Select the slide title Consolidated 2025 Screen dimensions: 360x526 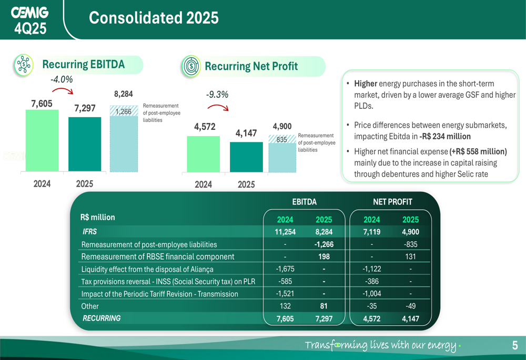154,18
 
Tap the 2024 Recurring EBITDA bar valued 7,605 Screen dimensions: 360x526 42,140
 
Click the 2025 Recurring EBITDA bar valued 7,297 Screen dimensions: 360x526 85,144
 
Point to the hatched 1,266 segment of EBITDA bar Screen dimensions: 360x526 124,111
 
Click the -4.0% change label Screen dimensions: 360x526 62,80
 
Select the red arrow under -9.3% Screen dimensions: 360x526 218,107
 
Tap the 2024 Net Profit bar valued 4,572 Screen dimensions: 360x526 203,153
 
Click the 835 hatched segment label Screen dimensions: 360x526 281,140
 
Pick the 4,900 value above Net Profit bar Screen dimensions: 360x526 282,126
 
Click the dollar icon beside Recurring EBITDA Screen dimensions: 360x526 23,65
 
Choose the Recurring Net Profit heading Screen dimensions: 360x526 251,66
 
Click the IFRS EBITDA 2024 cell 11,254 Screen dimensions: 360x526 285,232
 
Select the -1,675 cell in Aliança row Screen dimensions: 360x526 285,269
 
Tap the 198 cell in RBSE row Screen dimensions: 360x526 324,256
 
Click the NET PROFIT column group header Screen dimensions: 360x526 392,202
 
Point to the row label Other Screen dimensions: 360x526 90,306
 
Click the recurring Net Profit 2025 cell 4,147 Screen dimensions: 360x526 410,318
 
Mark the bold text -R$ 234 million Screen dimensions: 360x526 445,137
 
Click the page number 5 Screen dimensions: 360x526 515,345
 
